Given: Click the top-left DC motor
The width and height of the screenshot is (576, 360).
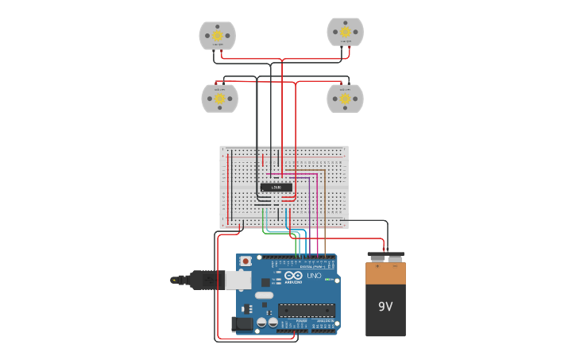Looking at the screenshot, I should pos(217,36).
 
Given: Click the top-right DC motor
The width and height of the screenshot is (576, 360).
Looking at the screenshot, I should pos(346,32).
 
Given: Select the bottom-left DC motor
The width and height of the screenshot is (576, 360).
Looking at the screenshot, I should pos(219,99).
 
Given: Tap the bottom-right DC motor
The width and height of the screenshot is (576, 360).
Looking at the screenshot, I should pos(345,99).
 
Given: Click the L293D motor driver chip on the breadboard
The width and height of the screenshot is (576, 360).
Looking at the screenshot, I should pos(276,187).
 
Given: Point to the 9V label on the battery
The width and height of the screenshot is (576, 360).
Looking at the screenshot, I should pos(385,307).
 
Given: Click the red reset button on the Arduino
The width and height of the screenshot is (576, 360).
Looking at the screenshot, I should pos(245,261).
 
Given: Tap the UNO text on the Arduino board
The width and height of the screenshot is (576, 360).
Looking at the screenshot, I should pos(314,276).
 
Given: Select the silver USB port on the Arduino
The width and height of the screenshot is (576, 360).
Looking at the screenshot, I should pos(238,280).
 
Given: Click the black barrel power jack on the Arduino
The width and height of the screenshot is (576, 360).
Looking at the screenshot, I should pos(242,323).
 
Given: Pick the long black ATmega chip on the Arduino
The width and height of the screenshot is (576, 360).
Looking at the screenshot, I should pos(306,310).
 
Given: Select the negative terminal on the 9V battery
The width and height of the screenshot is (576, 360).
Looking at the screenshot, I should pos(395,257).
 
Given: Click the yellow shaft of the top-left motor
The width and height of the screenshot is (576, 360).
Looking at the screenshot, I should pos(217,35).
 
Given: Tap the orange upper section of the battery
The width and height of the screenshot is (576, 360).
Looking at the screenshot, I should pos(385,273).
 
